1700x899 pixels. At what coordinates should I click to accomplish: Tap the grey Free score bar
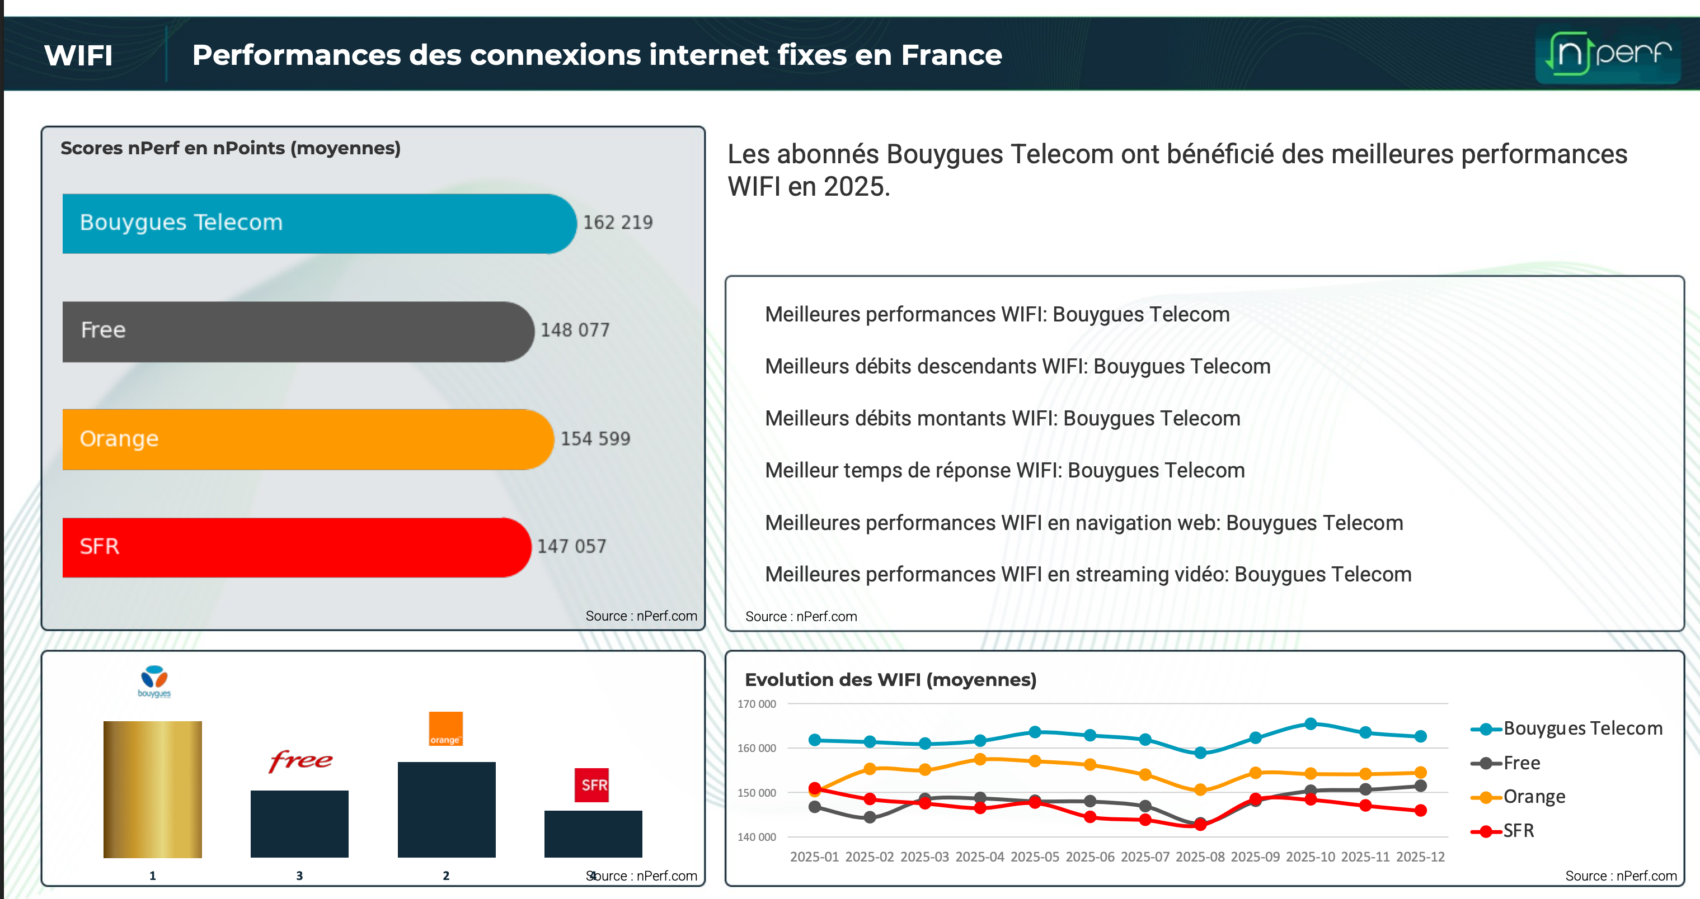coord(297,331)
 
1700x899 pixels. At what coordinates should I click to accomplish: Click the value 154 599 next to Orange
coord(595,439)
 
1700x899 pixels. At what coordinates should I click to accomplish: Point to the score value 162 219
coord(618,223)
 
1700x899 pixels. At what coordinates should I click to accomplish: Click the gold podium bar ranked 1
coord(152,789)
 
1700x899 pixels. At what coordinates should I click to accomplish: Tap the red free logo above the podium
coord(300,760)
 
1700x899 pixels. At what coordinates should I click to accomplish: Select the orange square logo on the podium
coord(445,729)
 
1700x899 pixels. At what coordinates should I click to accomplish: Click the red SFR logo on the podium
coord(591,785)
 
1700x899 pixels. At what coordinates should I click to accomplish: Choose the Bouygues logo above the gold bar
coord(154,682)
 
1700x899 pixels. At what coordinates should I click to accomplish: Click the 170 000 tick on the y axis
coord(757,704)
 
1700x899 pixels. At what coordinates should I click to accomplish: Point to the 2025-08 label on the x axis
coord(1200,857)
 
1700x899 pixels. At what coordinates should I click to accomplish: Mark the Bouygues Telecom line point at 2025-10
coord(1311,724)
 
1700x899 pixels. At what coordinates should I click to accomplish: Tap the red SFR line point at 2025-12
coord(1421,811)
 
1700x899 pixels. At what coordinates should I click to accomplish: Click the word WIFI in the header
coord(78,55)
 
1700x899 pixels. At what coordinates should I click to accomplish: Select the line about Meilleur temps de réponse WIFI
coord(1004,471)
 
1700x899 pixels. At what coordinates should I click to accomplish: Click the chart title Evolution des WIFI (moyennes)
coord(890,680)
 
